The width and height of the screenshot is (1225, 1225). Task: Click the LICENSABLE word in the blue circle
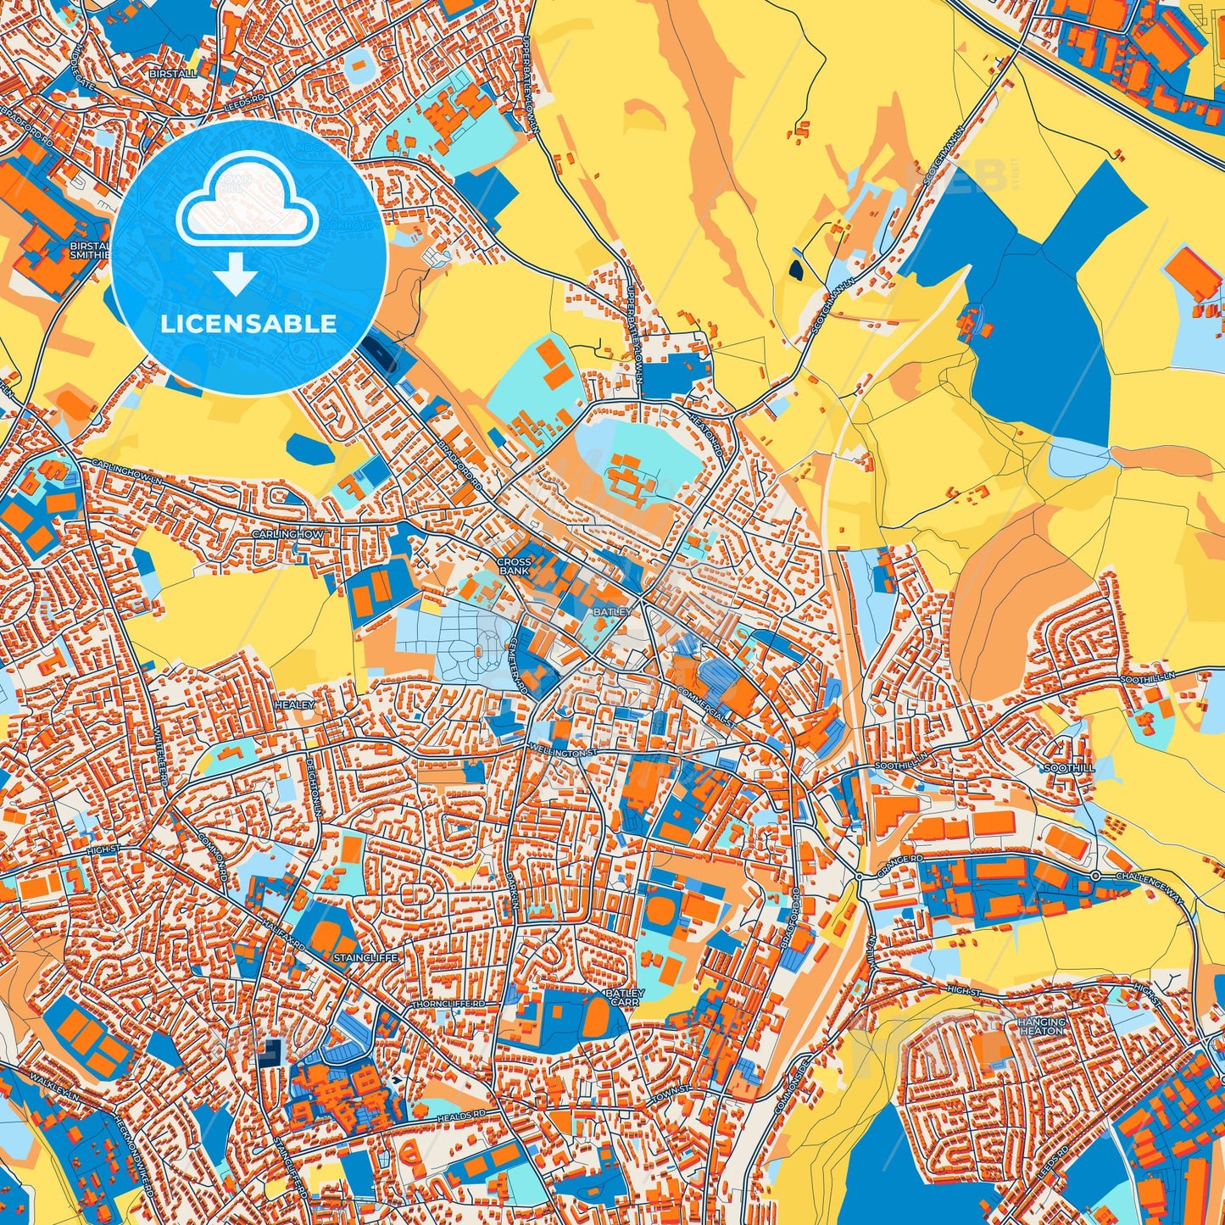(248, 324)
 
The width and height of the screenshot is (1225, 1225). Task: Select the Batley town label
(612, 611)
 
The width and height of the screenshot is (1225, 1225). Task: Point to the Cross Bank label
(514, 566)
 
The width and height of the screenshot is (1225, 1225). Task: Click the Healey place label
(294, 704)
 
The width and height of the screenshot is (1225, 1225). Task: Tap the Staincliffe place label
(365, 957)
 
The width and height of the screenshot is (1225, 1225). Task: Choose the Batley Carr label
(624, 997)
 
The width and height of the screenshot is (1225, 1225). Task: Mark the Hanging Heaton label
(1040, 1026)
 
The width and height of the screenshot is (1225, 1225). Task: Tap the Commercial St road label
(704, 702)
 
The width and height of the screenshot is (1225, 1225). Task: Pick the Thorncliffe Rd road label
(448, 1004)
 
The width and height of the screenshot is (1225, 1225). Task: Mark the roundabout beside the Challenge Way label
(1095, 875)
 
